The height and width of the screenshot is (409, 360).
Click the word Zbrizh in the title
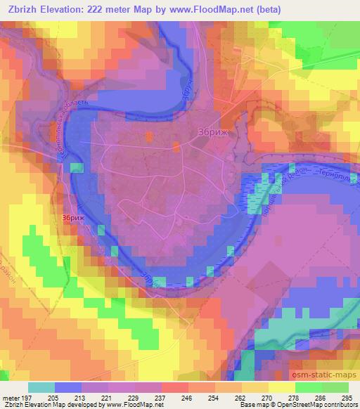25,10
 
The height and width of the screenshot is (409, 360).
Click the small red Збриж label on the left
74,219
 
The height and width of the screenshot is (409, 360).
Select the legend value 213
82,397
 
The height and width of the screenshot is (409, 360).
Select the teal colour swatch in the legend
41,387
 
